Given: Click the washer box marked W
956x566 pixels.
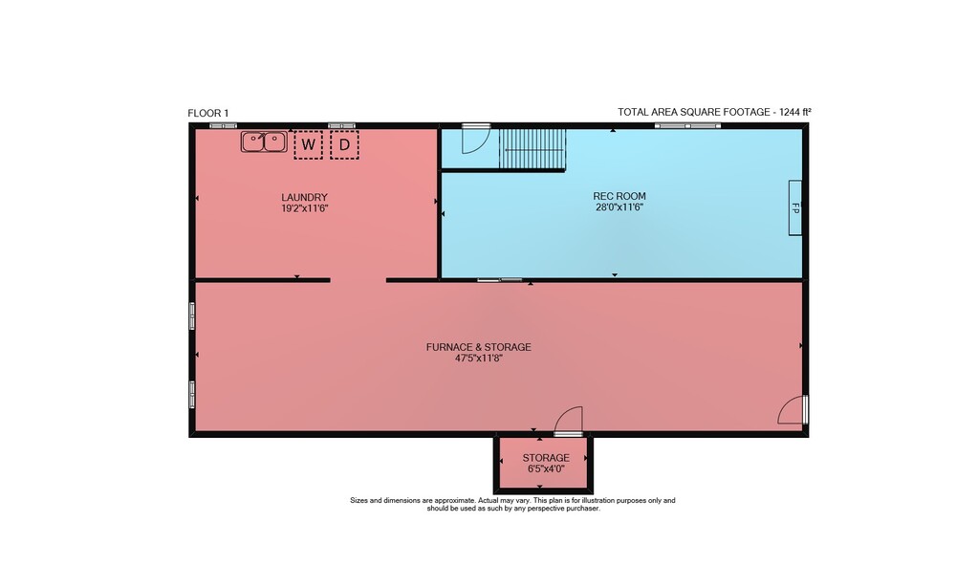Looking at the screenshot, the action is click(x=308, y=144).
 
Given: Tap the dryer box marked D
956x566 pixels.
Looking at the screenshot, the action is click(x=344, y=144).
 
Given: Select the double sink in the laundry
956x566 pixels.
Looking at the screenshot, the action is click(x=264, y=141).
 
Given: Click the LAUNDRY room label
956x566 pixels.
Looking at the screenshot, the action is click(x=304, y=197).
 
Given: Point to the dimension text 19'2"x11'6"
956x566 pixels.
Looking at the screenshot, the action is click(x=305, y=208).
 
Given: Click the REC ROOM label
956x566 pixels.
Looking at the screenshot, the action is click(x=619, y=196).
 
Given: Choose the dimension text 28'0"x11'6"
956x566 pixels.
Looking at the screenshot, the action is click(x=619, y=207).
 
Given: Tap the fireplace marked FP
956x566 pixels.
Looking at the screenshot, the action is click(x=795, y=207).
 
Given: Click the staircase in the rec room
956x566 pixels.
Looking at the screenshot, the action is click(x=532, y=149).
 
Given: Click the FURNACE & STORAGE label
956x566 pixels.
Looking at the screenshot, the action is click(x=479, y=347).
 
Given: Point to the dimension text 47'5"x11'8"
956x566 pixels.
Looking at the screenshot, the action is click(x=479, y=359).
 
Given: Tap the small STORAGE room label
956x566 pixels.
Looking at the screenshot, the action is click(x=546, y=457).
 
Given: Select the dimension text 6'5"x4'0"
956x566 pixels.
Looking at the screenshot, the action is click(x=546, y=469).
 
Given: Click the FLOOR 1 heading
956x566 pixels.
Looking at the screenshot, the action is click(x=207, y=113).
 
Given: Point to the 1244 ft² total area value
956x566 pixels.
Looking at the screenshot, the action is click(x=795, y=112).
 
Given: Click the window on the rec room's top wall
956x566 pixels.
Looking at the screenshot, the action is click(x=687, y=126).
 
